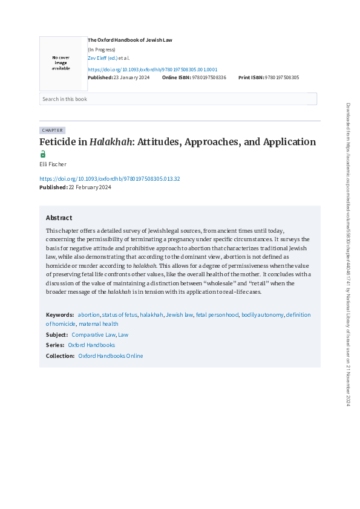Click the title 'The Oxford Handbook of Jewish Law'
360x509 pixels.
tap(130, 40)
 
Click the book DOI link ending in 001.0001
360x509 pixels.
tap(152, 70)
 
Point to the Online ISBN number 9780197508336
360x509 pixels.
tap(209, 77)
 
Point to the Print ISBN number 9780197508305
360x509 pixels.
tap(282, 77)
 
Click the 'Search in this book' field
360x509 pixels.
tap(178, 99)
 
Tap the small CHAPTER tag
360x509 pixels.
tap(52, 130)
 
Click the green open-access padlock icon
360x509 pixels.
tap(43, 154)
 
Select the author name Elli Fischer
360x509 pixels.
tap(53, 164)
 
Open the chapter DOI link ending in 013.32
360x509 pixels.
tap(110, 179)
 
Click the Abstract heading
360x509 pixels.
tap(59, 218)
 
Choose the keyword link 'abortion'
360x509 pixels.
tap(88, 315)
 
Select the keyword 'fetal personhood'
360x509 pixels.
tap(217, 315)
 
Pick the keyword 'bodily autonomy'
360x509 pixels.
tap(262, 315)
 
